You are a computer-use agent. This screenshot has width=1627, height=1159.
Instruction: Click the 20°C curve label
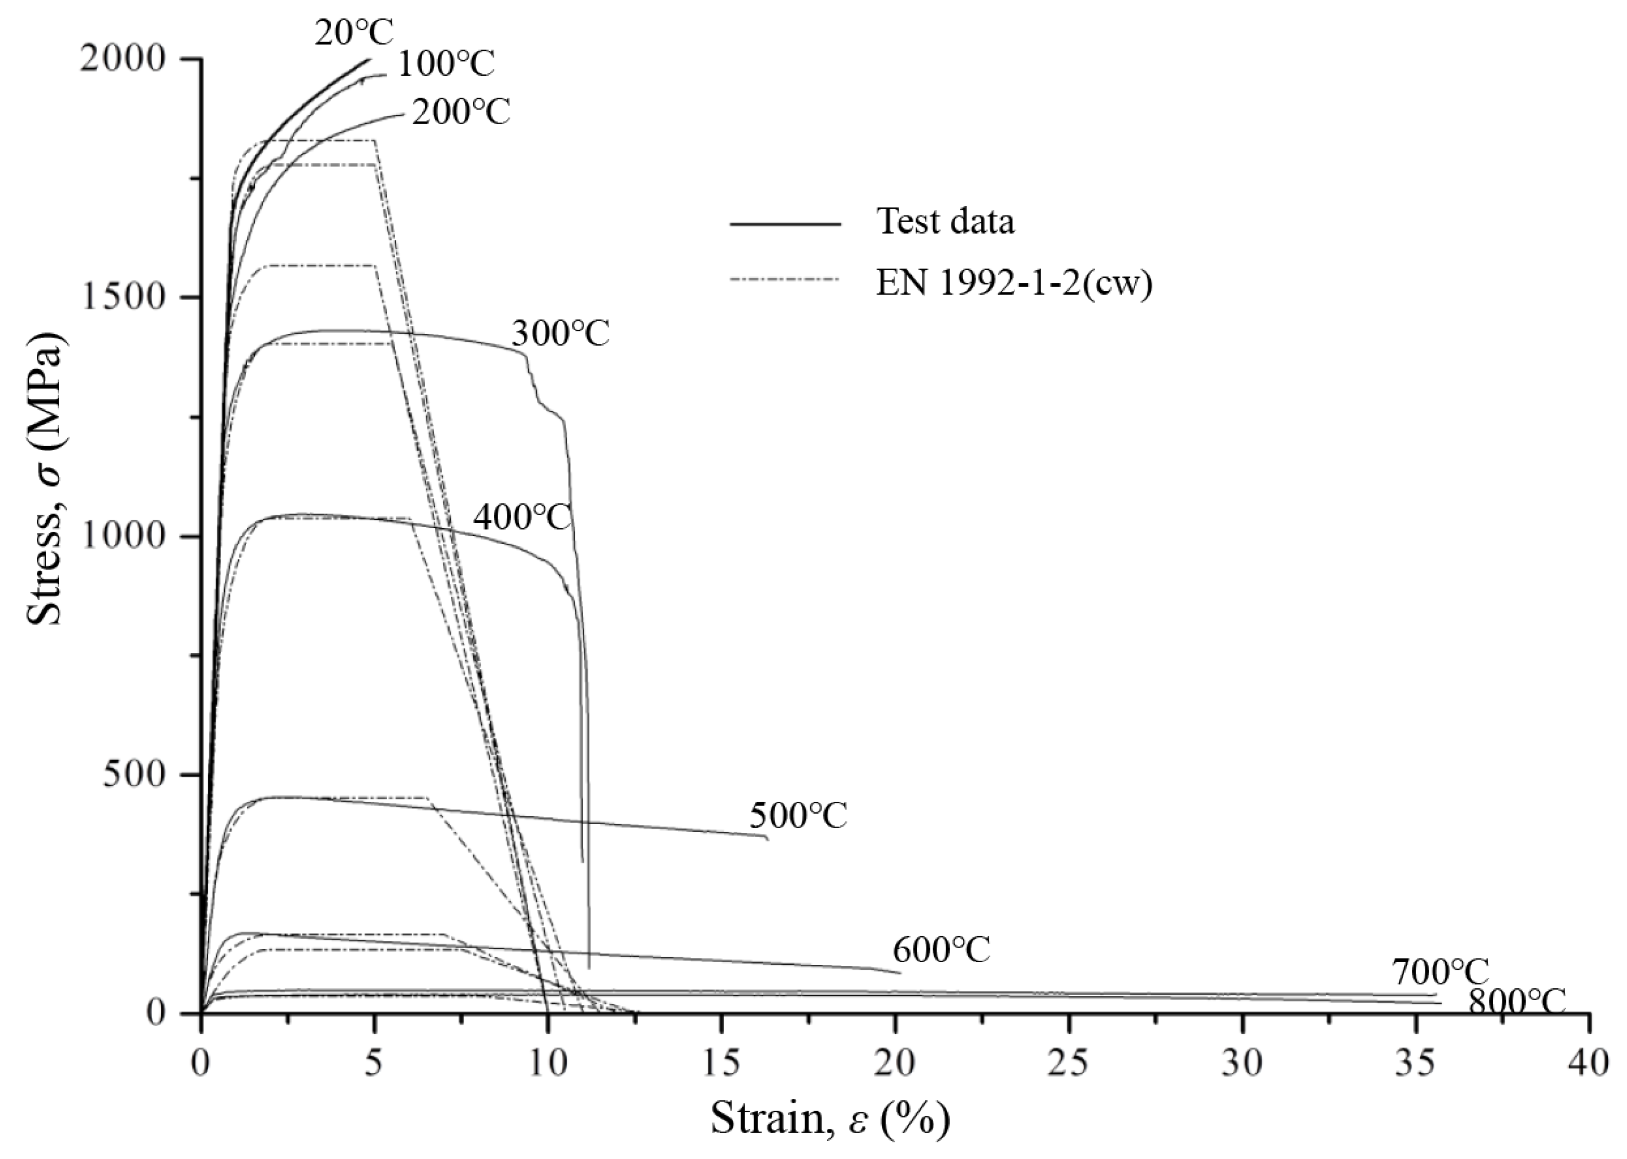[x=354, y=32]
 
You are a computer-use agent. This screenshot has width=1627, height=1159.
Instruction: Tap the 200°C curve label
[x=461, y=112]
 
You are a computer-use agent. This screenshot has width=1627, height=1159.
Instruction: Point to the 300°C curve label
[x=560, y=333]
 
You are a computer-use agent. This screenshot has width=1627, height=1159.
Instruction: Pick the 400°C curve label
[x=522, y=517]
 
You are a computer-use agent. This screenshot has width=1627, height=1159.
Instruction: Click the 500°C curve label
[x=798, y=816]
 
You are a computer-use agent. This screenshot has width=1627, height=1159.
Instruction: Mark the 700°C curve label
[x=1440, y=972]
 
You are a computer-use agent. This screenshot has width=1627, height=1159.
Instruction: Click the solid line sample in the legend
[x=785, y=223]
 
